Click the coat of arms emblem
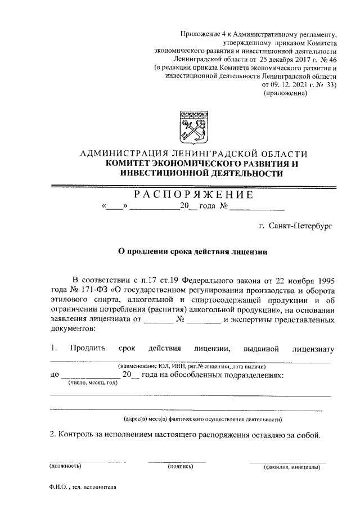pyautogui.click(x=193, y=128)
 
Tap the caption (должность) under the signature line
pyautogui.click(x=66, y=466)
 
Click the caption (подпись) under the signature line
pyautogui.click(x=181, y=466)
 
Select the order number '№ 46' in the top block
pyautogui.click(x=327, y=58)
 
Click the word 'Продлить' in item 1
pyautogui.click(x=88, y=349)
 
